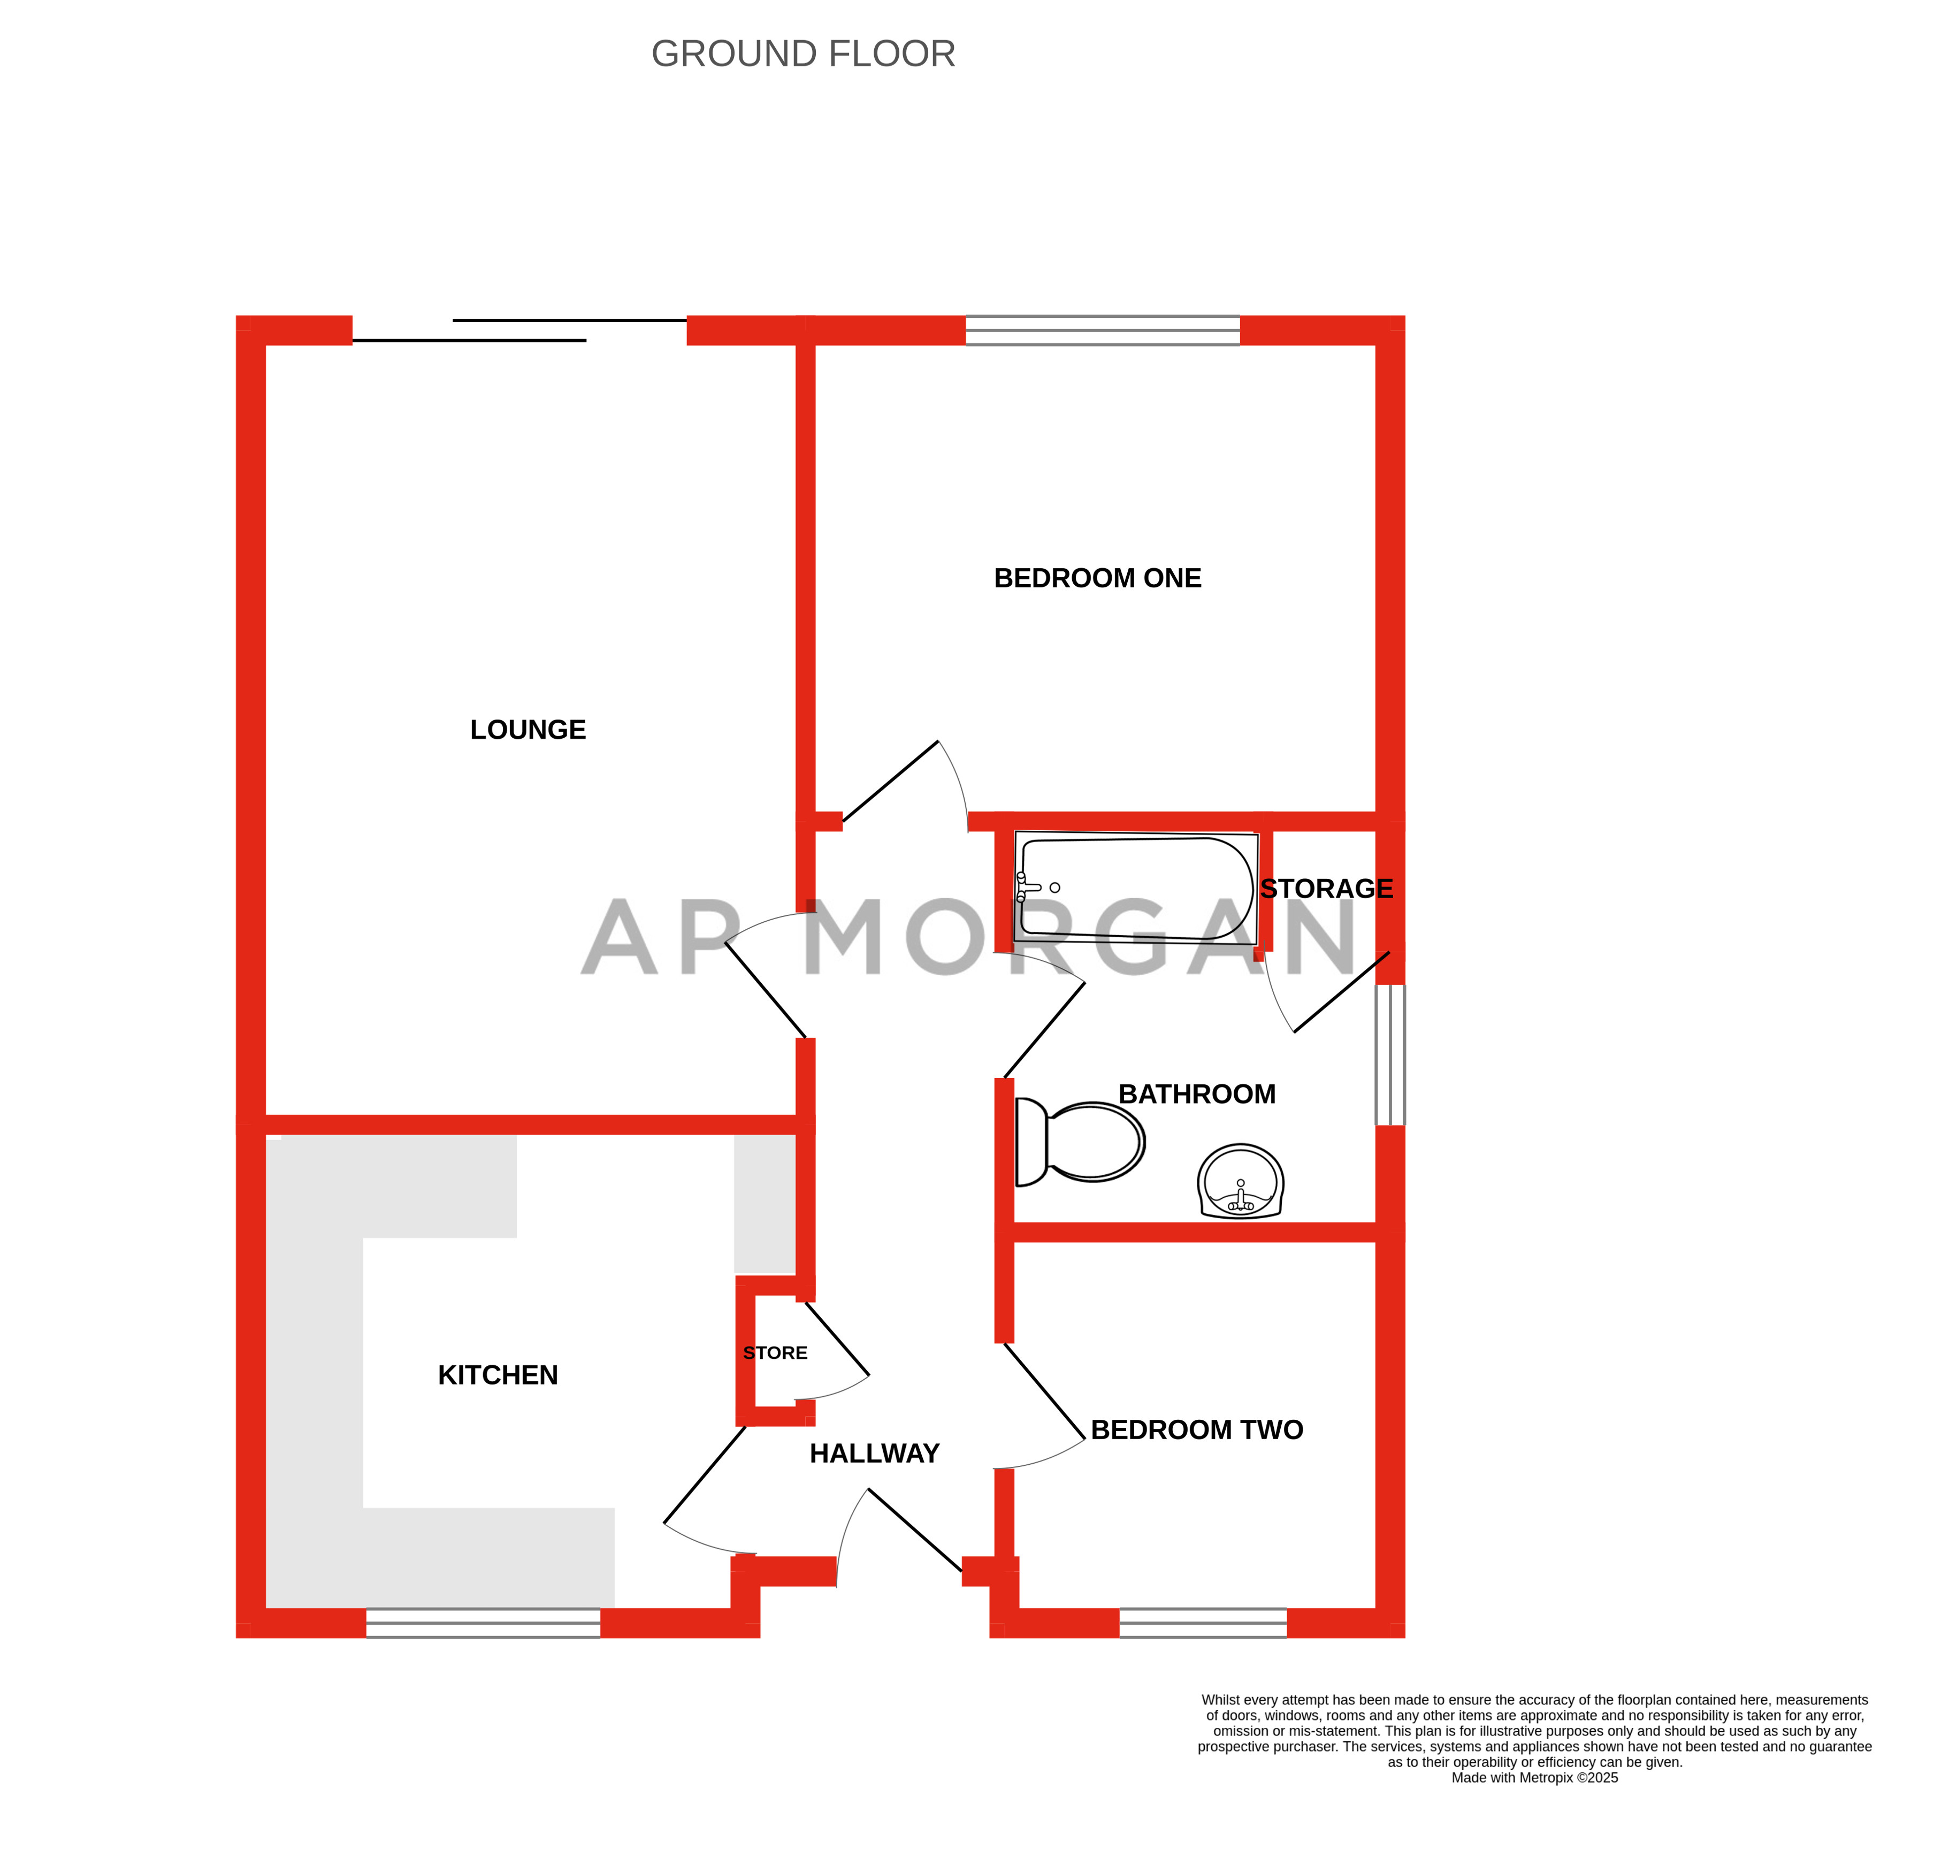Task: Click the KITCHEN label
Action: pos(498,1375)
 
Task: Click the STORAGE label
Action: pos(1326,889)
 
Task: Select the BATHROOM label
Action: pos(1197,1095)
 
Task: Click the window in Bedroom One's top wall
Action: pos(1102,331)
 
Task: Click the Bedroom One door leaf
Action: pos(890,781)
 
